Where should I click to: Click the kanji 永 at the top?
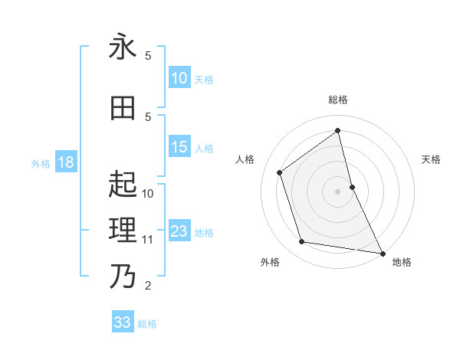pyautogui.click(x=122, y=47)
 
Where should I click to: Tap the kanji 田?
pyautogui.click(x=122, y=108)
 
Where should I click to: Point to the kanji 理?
pyautogui.click(x=122, y=230)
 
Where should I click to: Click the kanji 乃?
pyautogui.click(x=122, y=276)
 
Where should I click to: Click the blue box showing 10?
pyautogui.click(x=179, y=78)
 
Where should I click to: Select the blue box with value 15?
pyautogui.click(x=179, y=147)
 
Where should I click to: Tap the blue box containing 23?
pyautogui.click(x=179, y=231)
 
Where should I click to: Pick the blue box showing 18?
pyautogui.click(x=65, y=162)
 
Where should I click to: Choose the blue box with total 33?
pyautogui.click(x=123, y=322)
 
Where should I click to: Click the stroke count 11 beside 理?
pyautogui.click(x=148, y=240)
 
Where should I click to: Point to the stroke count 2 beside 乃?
pyautogui.click(x=148, y=286)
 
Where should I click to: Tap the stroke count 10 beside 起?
pyautogui.click(x=148, y=194)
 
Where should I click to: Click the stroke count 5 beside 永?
pyautogui.click(x=148, y=56)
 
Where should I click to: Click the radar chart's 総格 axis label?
pyautogui.click(x=337, y=100)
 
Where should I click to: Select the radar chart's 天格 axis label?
pyautogui.click(x=431, y=159)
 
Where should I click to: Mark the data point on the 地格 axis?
pyautogui.click(x=382, y=252)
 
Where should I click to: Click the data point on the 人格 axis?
pyautogui.click(x=280, y=172)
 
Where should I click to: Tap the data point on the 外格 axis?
pyautogui.click(x=302, y=242)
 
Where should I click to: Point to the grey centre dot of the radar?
pyautogui.click(x=337, y=191)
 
